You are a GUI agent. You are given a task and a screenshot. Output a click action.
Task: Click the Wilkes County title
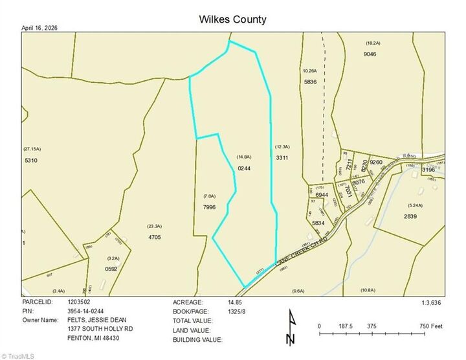pyautogui.click(x=232, y=19)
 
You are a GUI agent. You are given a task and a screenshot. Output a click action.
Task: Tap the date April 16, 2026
pyautogui.click(x=44, y=28)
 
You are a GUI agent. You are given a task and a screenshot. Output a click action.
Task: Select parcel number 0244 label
pyautogui.click(x=244, y=168)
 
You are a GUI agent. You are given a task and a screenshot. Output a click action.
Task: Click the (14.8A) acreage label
pyautogui.click(x=243, y=157)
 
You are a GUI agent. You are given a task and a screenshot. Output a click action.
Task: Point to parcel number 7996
pyautogui.click(x=209, y=207)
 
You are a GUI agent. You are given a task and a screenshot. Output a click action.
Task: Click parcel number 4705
pyautogui.click(x=154, y=237)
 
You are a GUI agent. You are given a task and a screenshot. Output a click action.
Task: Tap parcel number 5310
pyautogui.click(x=31, y=160)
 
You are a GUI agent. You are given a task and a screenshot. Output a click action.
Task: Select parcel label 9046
pyautogui.click(x=370, y=54)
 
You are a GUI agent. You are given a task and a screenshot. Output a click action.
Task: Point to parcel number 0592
pyautogui.click(x=111, y=269)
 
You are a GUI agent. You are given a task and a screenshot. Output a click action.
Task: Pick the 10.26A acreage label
pyautogui.click(x=310, y=71)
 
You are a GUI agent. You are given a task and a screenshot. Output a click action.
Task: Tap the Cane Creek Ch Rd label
pyautogui.click(x=300, y=249)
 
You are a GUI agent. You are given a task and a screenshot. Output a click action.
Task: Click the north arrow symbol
pyautogui.click(x=292, y=328)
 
